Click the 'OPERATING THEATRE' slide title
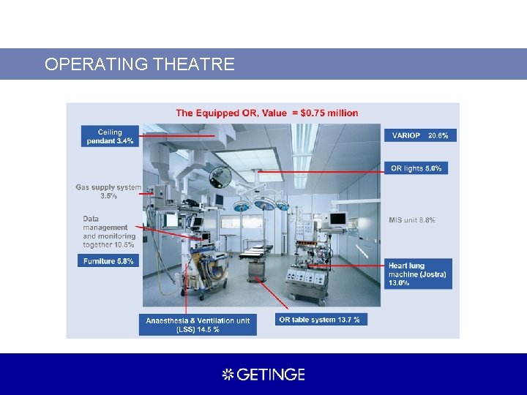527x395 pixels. (x=139, y=64)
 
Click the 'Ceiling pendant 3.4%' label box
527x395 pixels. (x=110, y=137)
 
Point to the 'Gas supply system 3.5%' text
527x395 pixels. (x=108, y=192)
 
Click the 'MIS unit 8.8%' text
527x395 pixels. (x=412, y=220)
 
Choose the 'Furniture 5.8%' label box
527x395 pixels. (x=108, y=260)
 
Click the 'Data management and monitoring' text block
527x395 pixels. (x=109, y=232)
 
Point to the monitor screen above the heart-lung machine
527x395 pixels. (x=337, y=218)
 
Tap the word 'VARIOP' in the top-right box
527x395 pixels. (x=406, y=135)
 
